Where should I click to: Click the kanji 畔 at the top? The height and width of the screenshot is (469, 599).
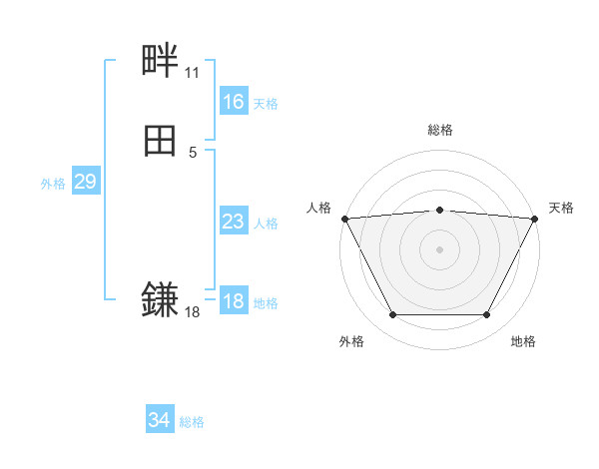tap(160, 63)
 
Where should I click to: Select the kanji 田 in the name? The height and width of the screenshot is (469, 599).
tap(160, 142)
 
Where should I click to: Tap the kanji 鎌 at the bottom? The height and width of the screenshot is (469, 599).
tap(160, 299)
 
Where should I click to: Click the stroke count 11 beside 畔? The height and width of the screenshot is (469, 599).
tap(192, 73)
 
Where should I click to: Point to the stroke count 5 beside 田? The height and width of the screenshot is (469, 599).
tap(192, 152)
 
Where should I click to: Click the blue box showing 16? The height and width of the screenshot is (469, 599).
tap(233, 102)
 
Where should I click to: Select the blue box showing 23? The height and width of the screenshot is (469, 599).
tap(233, 222)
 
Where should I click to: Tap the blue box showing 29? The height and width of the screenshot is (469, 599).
tap(85, 182)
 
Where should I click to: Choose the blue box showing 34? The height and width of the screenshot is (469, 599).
tap(160, 421)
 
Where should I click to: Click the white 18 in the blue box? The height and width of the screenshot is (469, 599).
tap(233, 301)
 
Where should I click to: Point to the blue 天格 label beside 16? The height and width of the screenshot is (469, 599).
tap(266, 104)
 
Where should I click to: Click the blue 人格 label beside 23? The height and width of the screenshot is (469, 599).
tap(266, 224)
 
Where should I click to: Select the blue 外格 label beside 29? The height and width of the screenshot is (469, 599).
tap(53, 184)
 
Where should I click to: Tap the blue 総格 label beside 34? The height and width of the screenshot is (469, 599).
tap(192, 423)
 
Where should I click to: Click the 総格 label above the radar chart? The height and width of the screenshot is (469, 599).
tap(439, 130)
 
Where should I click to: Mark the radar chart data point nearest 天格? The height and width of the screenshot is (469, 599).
tap(535, 219)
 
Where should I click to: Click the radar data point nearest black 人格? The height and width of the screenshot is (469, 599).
tap(343, 219)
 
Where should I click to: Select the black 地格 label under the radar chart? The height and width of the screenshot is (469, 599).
tap(523, 341)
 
